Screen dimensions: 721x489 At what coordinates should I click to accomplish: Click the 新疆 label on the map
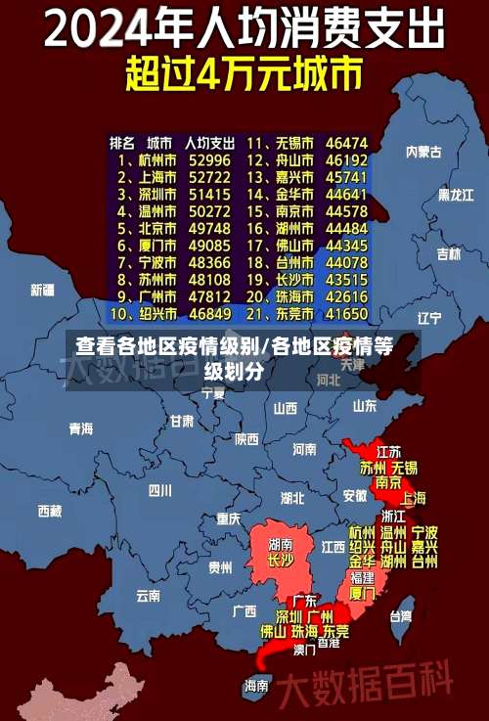click(x=42, y=290)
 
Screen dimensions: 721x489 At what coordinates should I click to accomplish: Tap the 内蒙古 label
click(x=423, y=152)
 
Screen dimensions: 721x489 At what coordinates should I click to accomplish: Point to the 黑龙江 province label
click(x=456, y=195)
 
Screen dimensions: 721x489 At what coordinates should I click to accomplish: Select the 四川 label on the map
click(x=158, y=490)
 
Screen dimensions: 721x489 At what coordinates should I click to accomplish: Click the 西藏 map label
click(x=49, y=511)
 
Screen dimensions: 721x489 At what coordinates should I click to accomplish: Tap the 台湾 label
click(x=401, y=616)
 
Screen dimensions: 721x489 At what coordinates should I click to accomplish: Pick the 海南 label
click(x=256, y=686)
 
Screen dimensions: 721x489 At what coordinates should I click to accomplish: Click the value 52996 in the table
click(x=209, y=159)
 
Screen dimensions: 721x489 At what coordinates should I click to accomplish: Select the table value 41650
click(x=346, y=315)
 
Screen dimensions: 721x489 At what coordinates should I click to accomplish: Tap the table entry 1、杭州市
click(x=148, y=159)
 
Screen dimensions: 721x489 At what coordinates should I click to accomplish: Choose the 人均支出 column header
click(x=209, y=142)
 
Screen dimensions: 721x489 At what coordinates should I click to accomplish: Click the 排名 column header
click(x=121, y=142)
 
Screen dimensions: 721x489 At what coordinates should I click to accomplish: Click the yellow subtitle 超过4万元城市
click(x=244, y=75)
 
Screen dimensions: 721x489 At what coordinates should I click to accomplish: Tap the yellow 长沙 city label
click(x=280, y=561)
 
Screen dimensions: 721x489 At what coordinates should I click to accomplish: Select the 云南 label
click(x=148, y=595)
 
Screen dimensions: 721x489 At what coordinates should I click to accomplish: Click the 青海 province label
click(x=80, y=428)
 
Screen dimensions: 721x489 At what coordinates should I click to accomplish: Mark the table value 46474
click(x=346, y=142)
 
